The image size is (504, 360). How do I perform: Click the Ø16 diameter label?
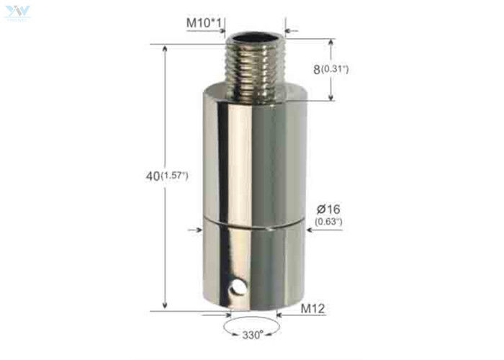328,209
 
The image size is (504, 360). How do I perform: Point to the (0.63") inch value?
328,222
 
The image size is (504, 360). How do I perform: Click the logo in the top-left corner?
15,10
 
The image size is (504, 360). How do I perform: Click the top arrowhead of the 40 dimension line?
167,48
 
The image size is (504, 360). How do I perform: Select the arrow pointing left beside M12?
284,312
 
